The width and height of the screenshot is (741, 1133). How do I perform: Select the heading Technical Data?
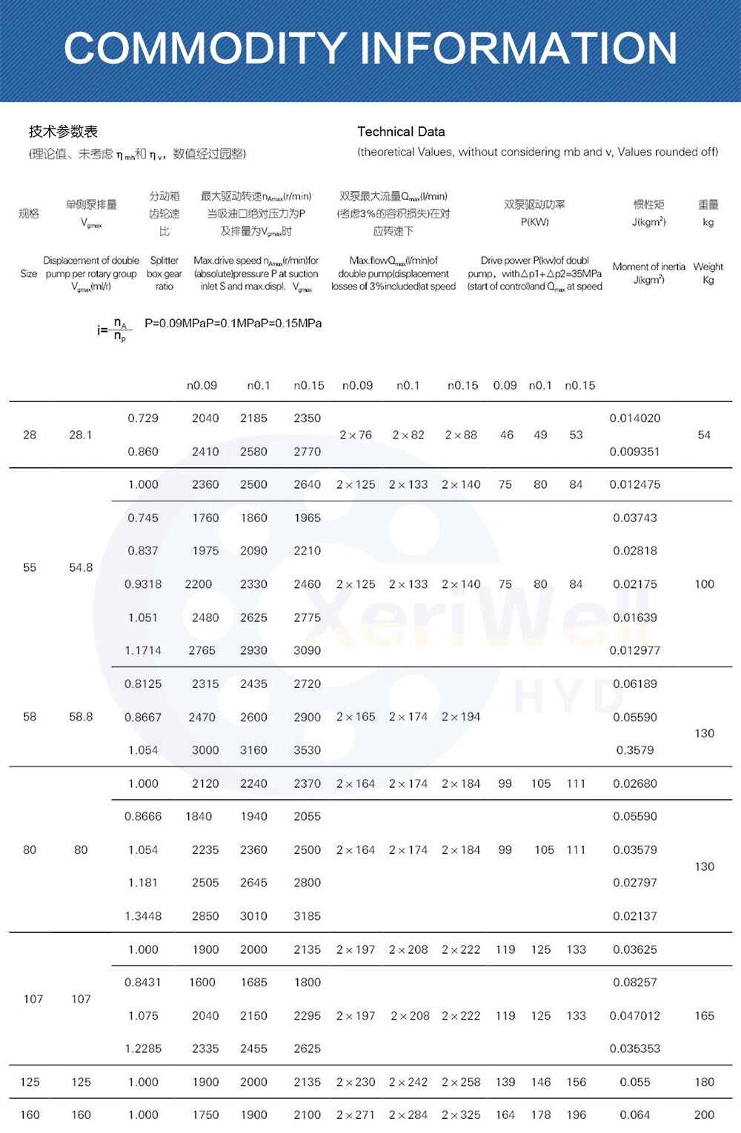(401, 132)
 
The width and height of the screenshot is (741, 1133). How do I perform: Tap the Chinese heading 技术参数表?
(63, 132)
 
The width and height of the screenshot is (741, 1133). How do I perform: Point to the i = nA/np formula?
(113, 330)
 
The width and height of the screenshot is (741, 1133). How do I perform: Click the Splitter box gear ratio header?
(164, 273)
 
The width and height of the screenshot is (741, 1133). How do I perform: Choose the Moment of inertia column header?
(648, 273)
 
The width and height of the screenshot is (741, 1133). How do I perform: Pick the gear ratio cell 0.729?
(143, 418)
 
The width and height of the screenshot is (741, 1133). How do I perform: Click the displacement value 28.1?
(81, 435)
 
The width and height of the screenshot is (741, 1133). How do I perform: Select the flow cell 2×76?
(356, 435)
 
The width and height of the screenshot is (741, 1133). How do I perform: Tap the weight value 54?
(704, 435)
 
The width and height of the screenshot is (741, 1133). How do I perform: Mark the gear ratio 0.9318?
(143, 584)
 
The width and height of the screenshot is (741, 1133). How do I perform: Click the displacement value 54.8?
(81, 567)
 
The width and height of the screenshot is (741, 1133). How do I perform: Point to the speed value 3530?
(307, 750)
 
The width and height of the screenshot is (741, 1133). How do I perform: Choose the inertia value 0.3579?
(635, 750)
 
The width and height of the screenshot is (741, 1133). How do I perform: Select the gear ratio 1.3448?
(143, 916)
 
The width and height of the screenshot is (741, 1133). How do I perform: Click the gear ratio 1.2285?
(143, 1049)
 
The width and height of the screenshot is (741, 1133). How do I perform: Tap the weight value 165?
(704, 1016)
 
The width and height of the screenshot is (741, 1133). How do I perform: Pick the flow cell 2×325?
(461, 1114)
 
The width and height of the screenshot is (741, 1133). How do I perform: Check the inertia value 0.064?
(635, 1114)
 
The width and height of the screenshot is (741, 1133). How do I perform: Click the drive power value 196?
(576, 1114)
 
